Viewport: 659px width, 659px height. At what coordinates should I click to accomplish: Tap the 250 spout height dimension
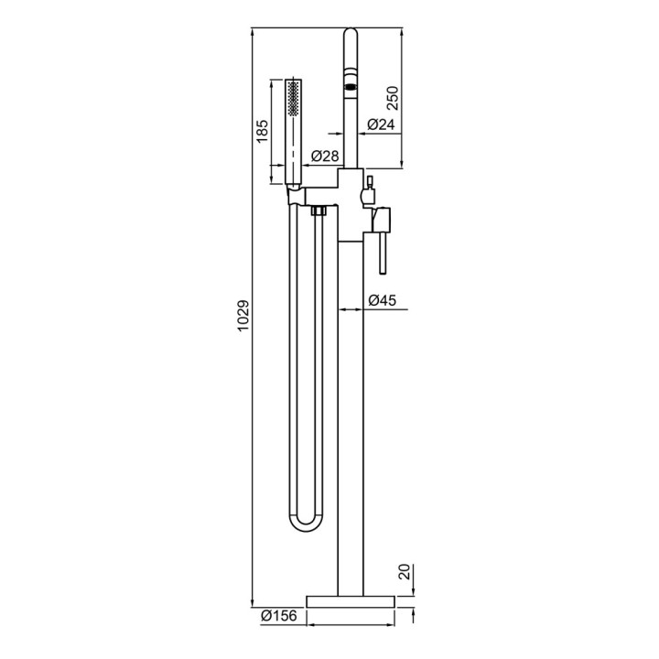point(392,98)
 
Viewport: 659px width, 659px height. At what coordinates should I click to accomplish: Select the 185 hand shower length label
point(262,131)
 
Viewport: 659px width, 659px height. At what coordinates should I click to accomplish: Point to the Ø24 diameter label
point(381,124)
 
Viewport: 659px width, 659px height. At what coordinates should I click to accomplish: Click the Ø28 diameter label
point(325,156)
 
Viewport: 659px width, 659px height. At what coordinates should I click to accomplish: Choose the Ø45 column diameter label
point(382,300)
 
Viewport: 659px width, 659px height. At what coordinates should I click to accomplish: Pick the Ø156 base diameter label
point(278,616)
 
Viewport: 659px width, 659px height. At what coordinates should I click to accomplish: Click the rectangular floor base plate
point(351,601)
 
